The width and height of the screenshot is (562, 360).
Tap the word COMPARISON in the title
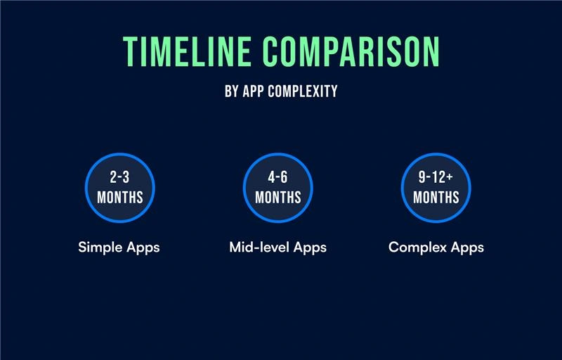351,51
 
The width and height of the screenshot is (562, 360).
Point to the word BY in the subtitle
232,91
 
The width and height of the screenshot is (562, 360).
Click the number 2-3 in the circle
119,178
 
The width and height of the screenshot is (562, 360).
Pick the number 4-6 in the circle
277,178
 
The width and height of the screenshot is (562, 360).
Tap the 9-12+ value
436,178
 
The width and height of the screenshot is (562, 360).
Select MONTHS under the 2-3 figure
119,197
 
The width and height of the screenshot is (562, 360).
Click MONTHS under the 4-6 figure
277,197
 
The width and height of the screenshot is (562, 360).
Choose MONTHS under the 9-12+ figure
436,197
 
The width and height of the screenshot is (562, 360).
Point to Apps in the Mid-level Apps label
310,247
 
